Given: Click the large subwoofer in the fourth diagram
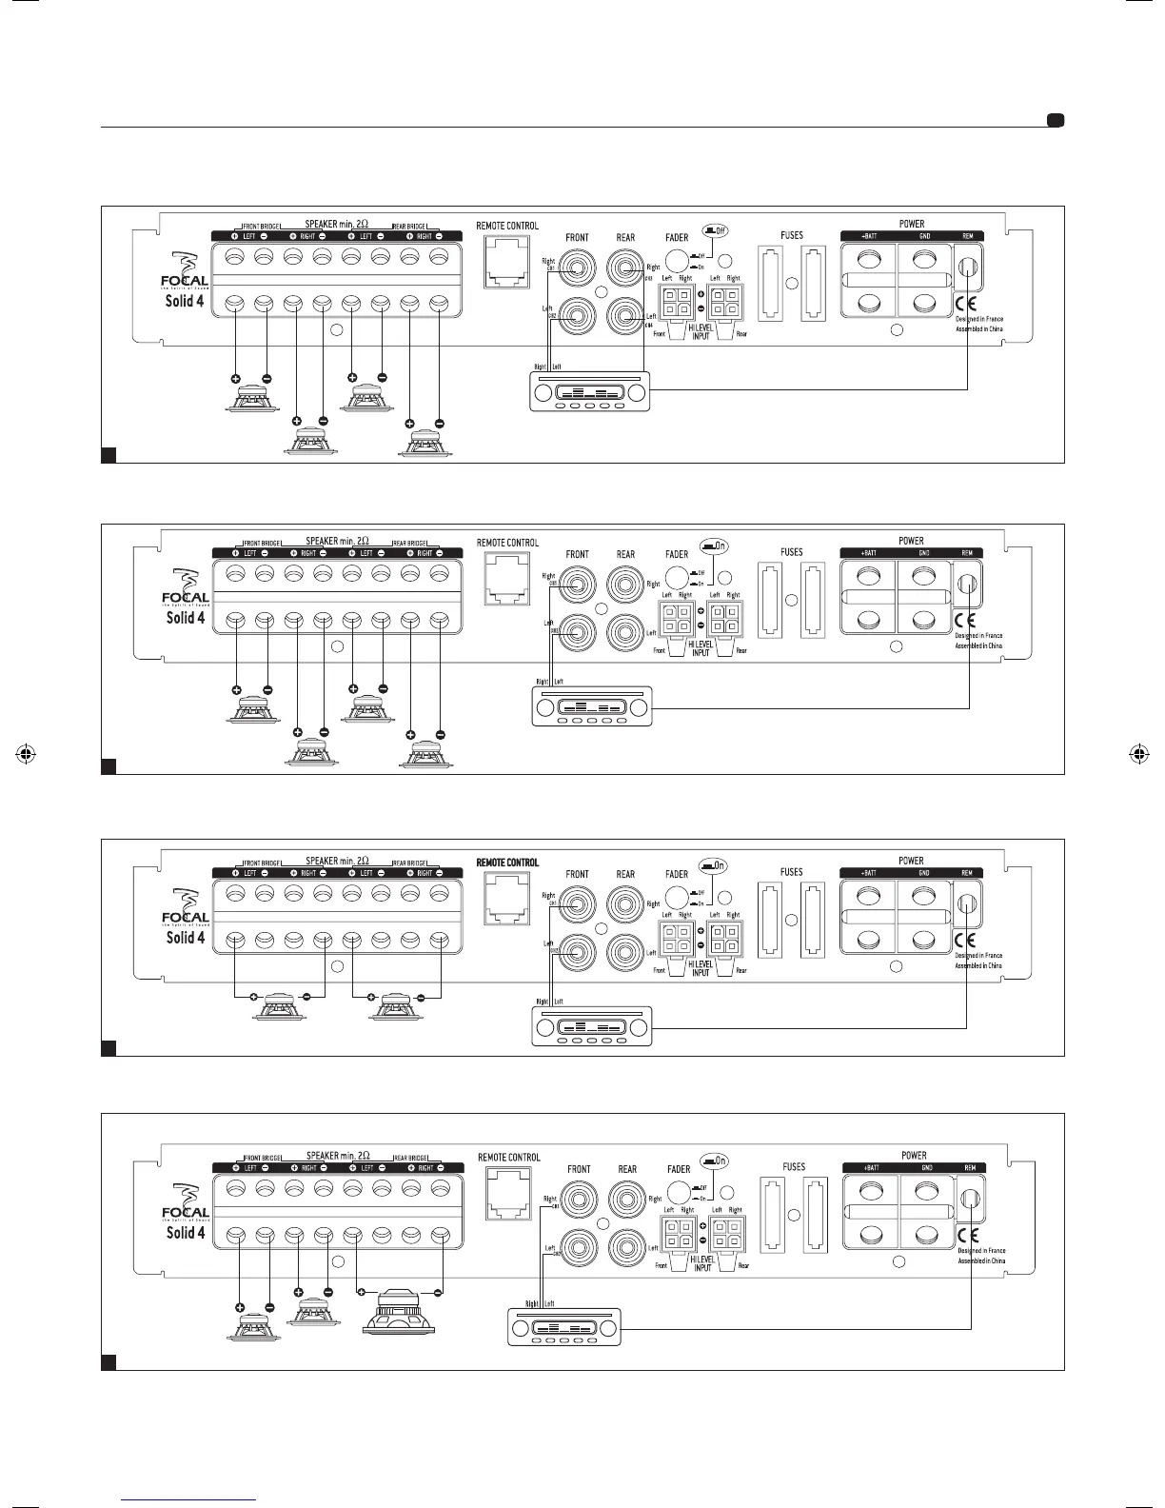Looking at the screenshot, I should point(400,1313).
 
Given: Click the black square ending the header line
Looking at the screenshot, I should point(1055,121).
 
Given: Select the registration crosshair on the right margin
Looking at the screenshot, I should point(1137,754).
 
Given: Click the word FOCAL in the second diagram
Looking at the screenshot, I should point(185,597).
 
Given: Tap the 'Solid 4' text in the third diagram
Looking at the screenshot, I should point(185,938).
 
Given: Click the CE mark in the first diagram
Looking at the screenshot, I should point(965,306).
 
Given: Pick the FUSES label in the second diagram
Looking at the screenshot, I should point(791,552).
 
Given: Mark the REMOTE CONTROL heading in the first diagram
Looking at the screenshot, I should point(507,227).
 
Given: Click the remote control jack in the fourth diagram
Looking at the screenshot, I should point(508,1195).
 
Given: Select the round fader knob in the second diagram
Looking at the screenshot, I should point(677,577).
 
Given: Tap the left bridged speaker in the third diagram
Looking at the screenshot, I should point(279,1005).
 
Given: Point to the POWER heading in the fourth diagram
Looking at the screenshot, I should point(914,1156).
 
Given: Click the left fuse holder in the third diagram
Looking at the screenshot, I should point(771,920).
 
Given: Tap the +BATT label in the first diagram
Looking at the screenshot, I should point(869,236).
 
